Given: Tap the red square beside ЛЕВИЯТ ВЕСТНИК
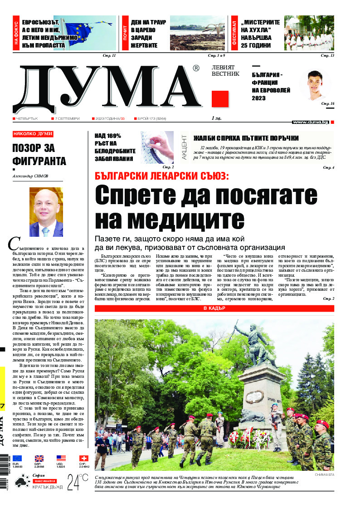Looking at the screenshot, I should (220, 98).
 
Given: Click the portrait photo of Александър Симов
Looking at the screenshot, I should (46, 212).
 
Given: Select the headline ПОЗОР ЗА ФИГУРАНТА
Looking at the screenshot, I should (39, 155).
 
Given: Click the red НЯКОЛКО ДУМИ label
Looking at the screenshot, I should (33, 134).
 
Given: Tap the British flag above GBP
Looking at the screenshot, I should (39, 459).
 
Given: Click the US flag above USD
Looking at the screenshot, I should (61, 459).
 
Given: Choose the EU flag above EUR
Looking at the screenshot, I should (17, 459).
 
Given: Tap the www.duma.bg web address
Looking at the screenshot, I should (311, 122).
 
